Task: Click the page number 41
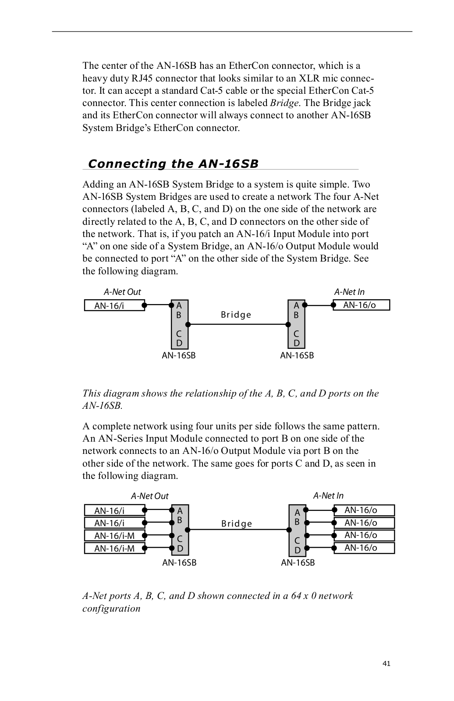tap(386, 663)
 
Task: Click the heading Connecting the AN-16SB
tap(173, 164)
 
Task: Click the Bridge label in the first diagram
tap(236, 315)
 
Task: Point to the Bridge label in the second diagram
tap(237, 524)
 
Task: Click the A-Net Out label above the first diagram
tap(122, 292)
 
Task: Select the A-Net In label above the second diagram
tap(328, 496)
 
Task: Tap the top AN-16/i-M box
tap(114, 535)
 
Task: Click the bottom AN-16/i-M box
tap(114, 548)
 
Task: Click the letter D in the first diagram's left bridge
tap(179, 343)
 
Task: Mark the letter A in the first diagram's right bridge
tap(296, 305)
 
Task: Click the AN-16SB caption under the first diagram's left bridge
tap(179, 355)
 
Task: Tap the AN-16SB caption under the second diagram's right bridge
tap(298, 563)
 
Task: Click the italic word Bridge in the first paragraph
tap(284, 103)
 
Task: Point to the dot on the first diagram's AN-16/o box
tap(334, 305)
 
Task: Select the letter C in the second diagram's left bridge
tap(180, 539)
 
